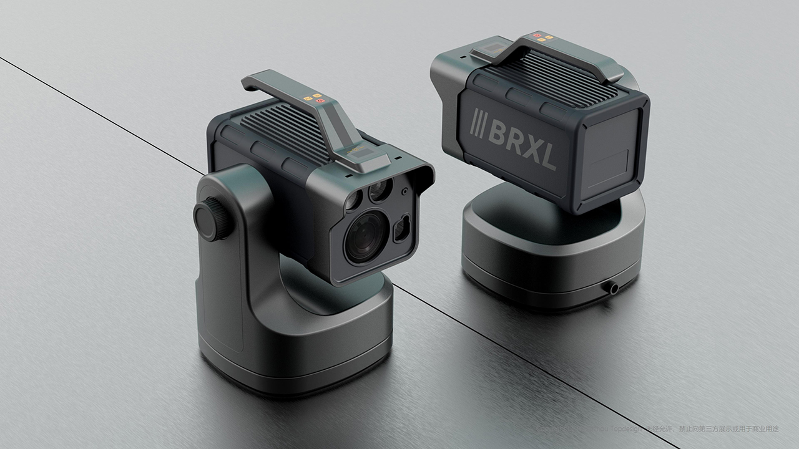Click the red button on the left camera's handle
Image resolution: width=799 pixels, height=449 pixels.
pos(319,100)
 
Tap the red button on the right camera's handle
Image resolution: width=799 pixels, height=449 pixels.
pos(537,36)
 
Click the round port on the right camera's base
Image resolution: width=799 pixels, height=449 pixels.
pos(612,287)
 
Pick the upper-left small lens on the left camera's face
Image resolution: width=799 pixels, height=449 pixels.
pos(353,200)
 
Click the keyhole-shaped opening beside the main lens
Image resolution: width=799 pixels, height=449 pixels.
pos(401,229)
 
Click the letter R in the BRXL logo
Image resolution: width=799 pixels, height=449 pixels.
pos(514,140)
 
